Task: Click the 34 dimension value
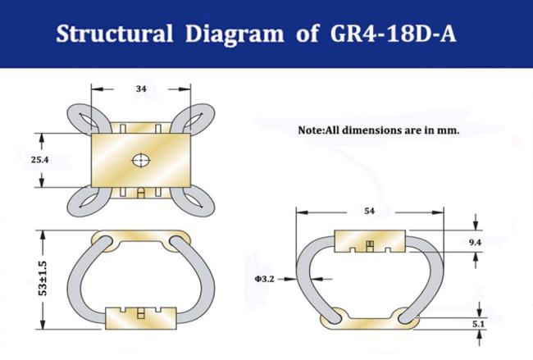pyautogui.click(x=141, y=89)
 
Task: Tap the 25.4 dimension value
pyautogui.click(x=40, y=159)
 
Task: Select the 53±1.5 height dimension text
pyautogui.click(x=43, y=279)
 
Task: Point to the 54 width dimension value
pyautogui.click(x=370, y=211)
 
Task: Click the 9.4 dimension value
pyautogui.click(x=475, y=243)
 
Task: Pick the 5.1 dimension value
pyautogui.click(x=478, y=324)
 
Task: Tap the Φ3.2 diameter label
pyautogui.click(x=265, y=279)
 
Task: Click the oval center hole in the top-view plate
pyautogui.click(x=141, y=160)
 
